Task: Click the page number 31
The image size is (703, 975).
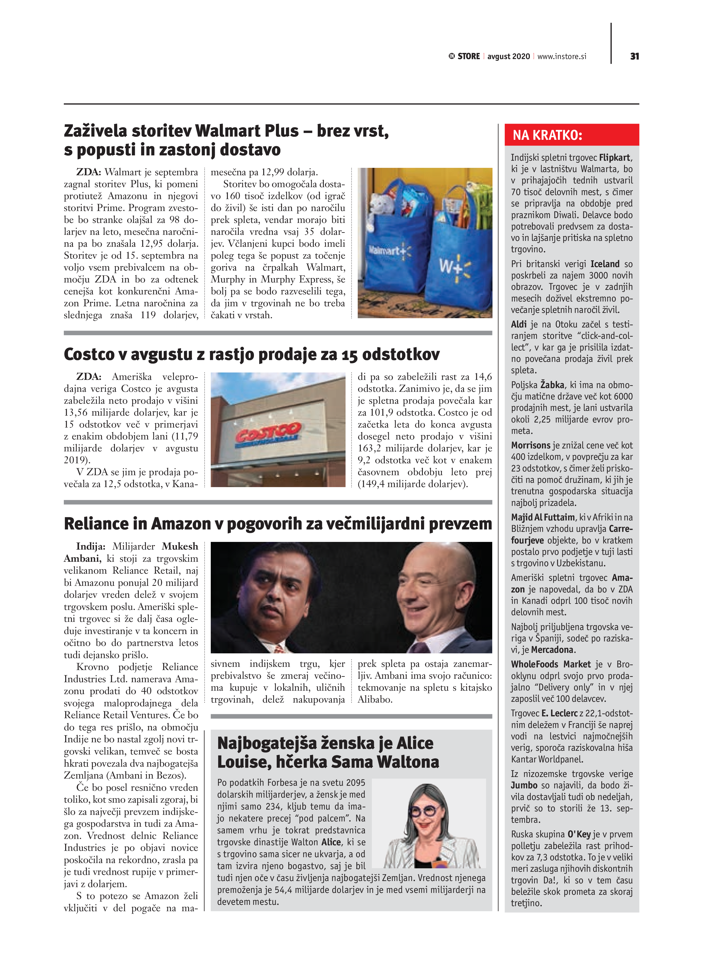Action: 634,56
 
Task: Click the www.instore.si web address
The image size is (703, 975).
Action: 562,57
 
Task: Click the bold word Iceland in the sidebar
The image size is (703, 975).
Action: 605,264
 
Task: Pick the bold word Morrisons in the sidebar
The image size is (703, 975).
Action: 531,445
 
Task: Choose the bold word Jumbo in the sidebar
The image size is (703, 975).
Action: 524,785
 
